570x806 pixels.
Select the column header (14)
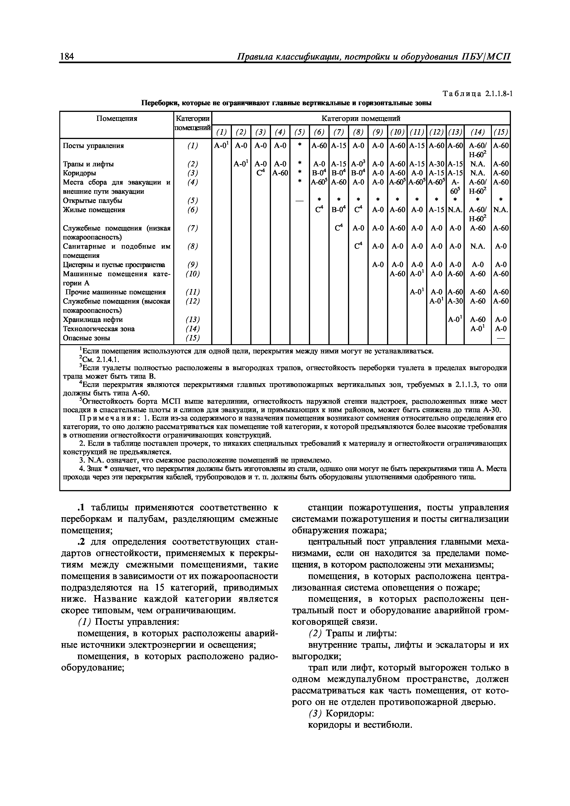[477, 132]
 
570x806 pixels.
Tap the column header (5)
[299, 132]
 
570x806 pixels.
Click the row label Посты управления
[93, 145]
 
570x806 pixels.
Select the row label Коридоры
[79, 173]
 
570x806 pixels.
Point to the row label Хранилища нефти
[93, 319]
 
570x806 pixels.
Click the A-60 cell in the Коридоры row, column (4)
[280, 173]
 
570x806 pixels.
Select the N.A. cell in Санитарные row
[477, 247]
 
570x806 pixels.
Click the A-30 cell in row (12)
[455, 301]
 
